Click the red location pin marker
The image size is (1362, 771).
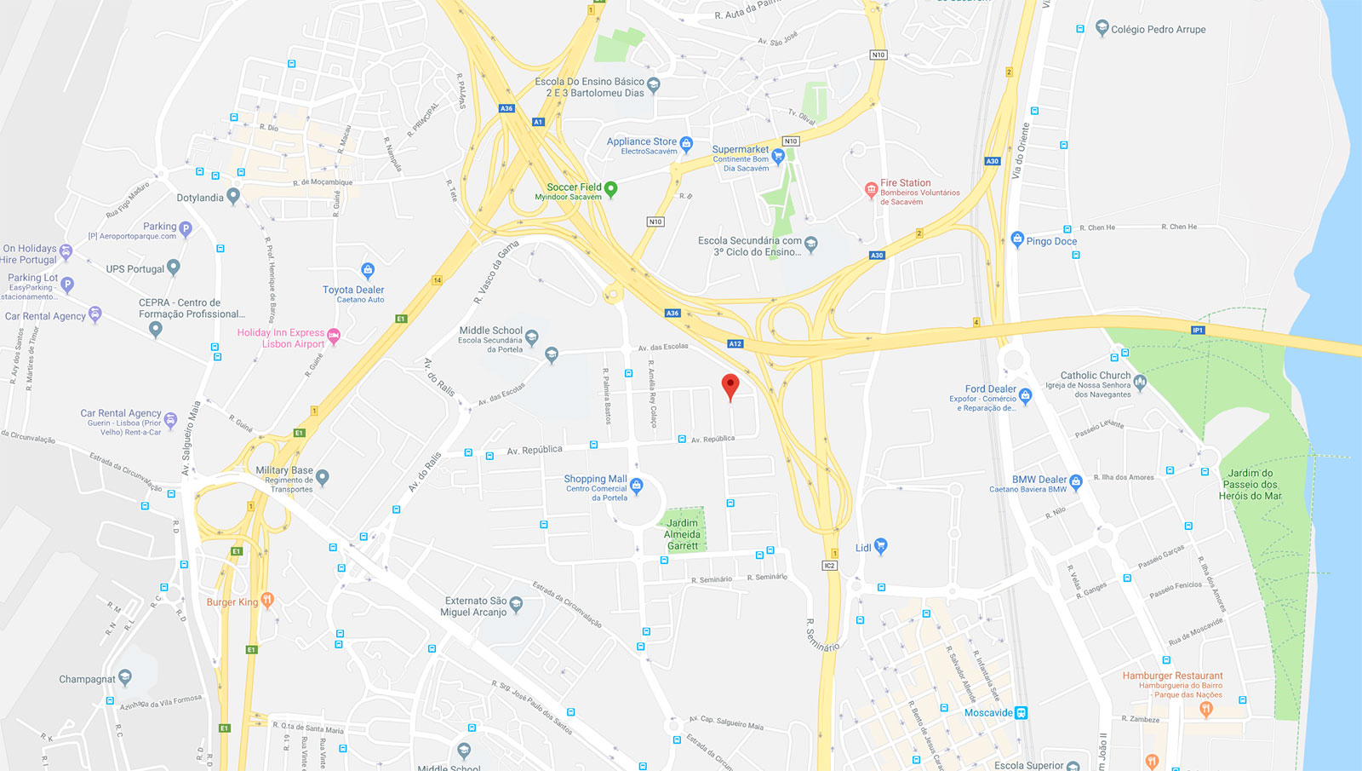click(x=730, y=386)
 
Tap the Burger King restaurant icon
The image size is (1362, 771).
click(x=267, y=600)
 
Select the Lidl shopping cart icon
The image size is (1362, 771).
click(x=881, y=545)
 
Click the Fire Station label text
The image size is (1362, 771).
click(x=905, y=183)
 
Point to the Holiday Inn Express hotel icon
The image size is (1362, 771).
click(x=334, y=337)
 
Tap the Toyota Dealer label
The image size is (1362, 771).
click(x=353, y=290)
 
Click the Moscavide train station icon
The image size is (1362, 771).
click(x=1021, y=712)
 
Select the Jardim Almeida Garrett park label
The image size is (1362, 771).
click(x=683, y=535)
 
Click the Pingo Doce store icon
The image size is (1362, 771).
click(x=1016, y=239)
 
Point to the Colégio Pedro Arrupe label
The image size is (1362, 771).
click(x=1158, y=29)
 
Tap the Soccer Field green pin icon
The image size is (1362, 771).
click(x=610, y=188)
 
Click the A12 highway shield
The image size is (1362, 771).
click(x=735, y=344)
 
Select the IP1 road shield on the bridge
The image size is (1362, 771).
click(x=1198, y=330)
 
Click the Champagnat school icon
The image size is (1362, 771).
click(x=125, y=677)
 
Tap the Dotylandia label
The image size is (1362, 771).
click(x=200, y=198)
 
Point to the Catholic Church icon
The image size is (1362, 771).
click(x=1140, y=381)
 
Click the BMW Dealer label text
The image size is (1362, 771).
click(x=1039, y=480)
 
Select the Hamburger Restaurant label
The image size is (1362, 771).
click(x=1172, y=676)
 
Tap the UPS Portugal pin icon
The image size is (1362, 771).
click(x=174, y=267)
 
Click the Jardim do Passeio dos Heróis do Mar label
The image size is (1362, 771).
click(x=1250, y=484)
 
